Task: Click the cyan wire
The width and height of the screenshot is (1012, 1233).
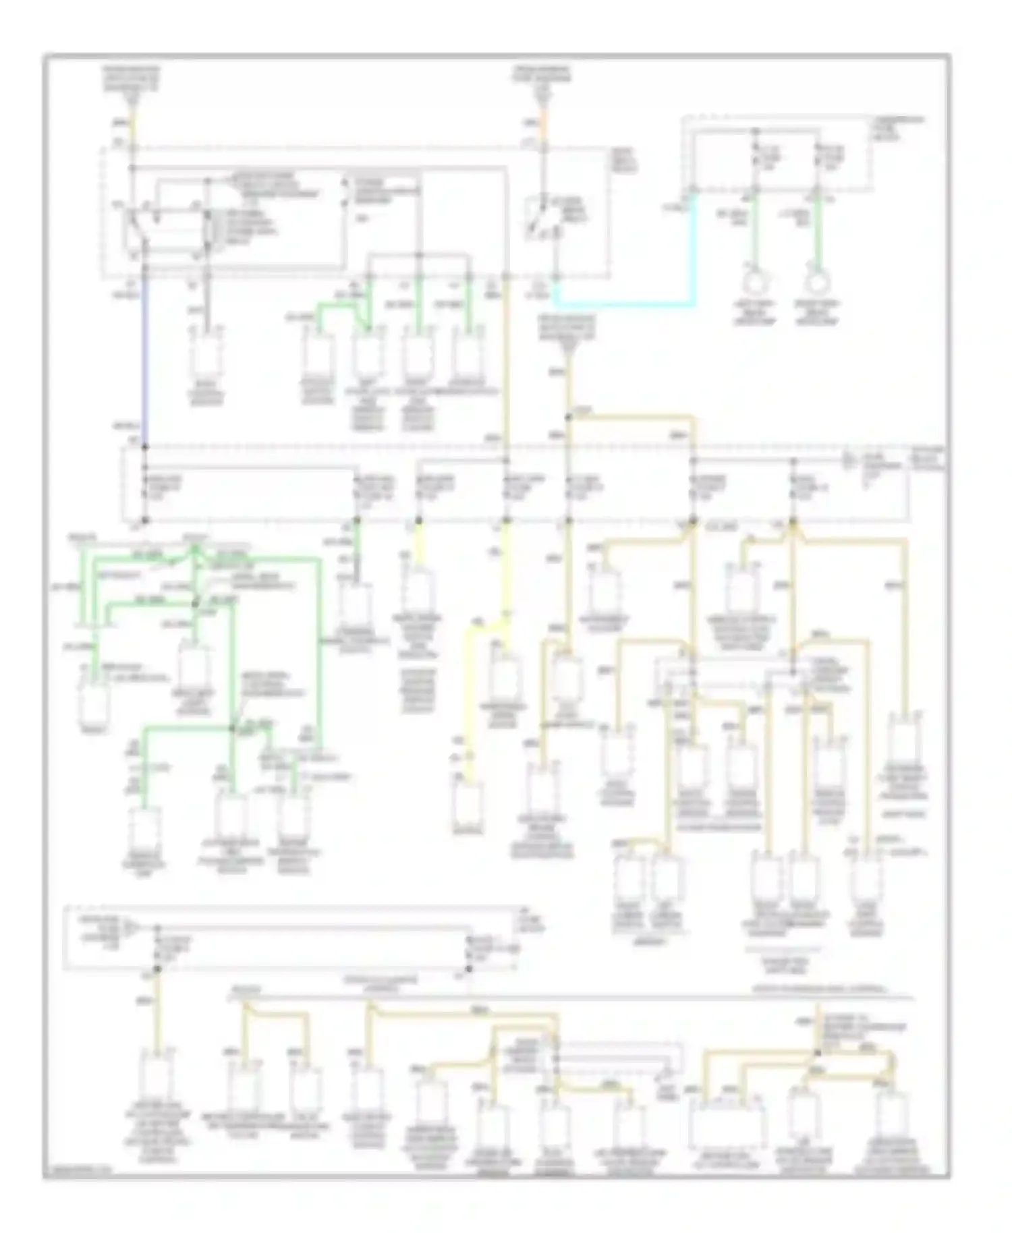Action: click(x=624, y=305)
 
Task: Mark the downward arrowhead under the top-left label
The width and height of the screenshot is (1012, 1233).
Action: click(x=133, y=102)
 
